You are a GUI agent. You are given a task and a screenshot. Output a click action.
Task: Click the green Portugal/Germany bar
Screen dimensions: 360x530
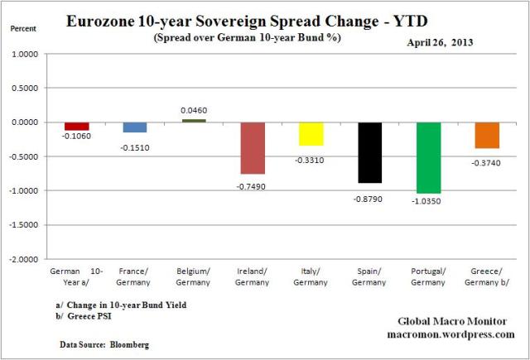[429, 157]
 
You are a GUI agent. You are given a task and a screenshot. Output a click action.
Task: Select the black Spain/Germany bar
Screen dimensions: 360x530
[370, 152]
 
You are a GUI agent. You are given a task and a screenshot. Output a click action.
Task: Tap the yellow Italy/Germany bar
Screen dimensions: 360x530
[311, 133]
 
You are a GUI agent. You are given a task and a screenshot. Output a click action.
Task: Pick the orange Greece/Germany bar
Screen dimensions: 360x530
[488, 135]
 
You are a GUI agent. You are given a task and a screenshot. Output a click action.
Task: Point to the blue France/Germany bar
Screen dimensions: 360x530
[135, 127]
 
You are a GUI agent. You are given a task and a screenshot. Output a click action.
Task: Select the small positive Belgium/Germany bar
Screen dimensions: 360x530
[194, 120]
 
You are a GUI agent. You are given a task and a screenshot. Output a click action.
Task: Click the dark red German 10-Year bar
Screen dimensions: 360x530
[76, 126]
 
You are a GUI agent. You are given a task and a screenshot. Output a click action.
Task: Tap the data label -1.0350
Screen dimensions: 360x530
[429, 201]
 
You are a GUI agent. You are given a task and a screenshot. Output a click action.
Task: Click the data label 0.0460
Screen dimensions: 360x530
[194, 110]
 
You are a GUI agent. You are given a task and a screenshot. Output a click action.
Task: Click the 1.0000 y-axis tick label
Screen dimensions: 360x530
[28, 54]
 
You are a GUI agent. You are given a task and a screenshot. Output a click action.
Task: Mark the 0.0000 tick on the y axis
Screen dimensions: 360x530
[28, 122]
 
